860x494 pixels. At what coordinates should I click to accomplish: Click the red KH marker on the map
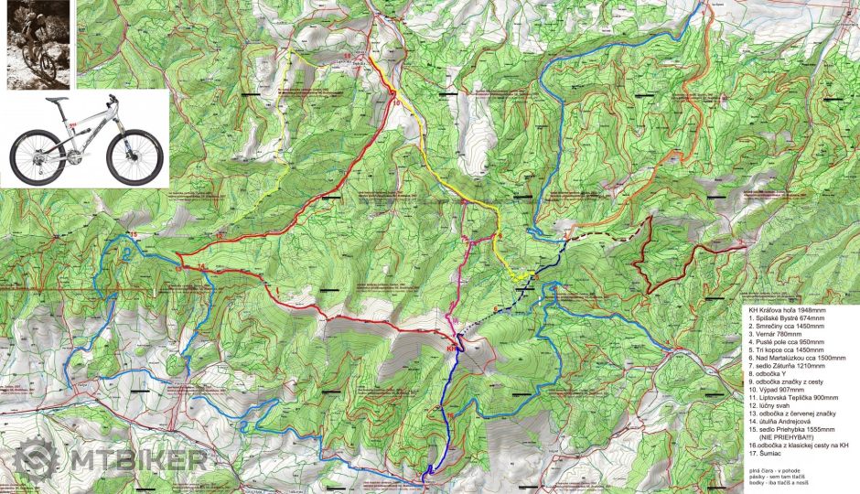pyautogui.click(x=451, y=349)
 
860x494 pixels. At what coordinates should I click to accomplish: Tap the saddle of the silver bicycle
pyautogui.click(x=58, y=100)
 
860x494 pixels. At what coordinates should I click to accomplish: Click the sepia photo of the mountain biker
pyautogui.click(x=38, y=44)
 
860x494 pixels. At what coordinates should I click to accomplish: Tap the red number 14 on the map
pyautogui.click(x=201, y=265)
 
